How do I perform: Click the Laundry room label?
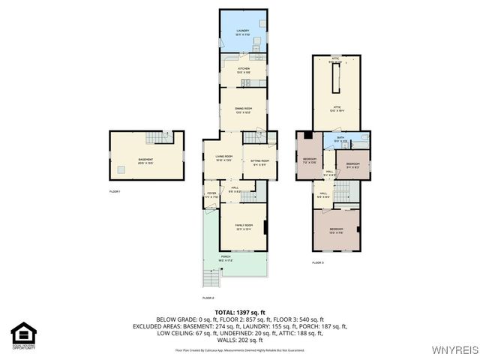pyautogui.click(x=243, y=31)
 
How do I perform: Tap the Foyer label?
pyautogui.click(x=211, y=195)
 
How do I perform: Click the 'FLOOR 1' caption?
pyautogui.click(x=115, y=192)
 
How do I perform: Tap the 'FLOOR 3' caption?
pyautogui.click(x=318, y=262)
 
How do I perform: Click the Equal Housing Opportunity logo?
pyautogui.click(x=23, y=334)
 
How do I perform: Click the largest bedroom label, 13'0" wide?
pyautogui.click(x=336, y=229)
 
